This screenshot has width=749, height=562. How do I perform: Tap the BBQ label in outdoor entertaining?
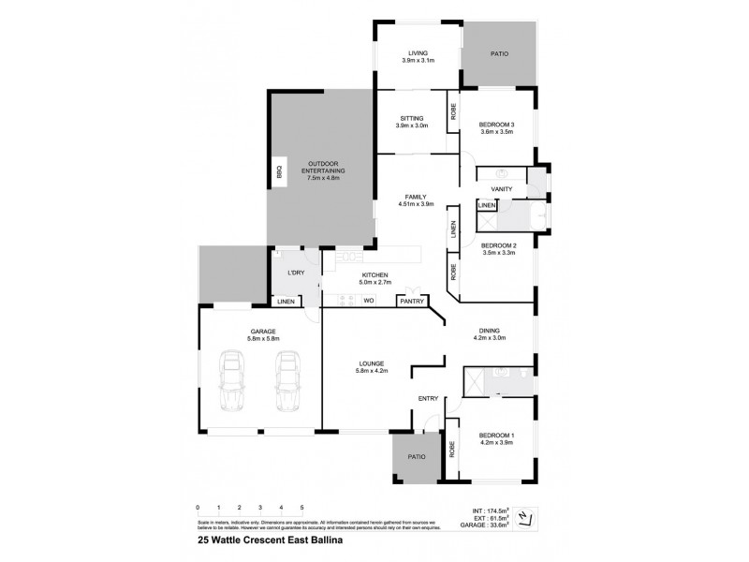[278, 172]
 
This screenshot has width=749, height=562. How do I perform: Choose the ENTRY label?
[428, 399]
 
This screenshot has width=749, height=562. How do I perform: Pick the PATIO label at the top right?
[499, 54]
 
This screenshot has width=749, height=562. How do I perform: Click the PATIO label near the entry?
[416, 456]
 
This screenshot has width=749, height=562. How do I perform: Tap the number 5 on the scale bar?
[301, 507]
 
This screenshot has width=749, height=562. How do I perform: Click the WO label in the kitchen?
[368, 301]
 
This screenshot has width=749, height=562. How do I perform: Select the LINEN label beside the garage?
[286, 302]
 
